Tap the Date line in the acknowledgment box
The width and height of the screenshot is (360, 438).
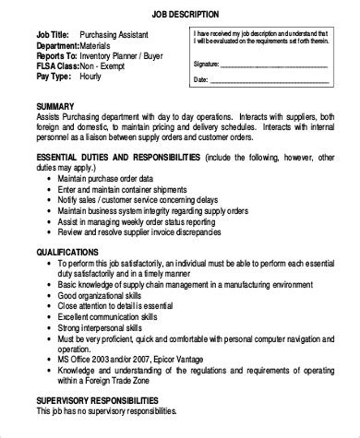277,81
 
